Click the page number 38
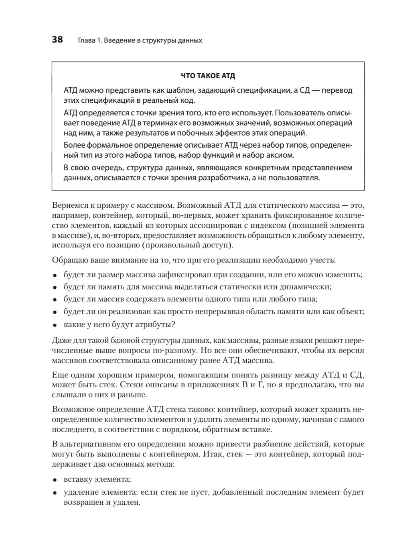[57, 40]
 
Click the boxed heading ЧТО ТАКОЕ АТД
[208, 76]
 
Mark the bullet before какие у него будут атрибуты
[55, 325]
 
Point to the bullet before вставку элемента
[55, 480]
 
